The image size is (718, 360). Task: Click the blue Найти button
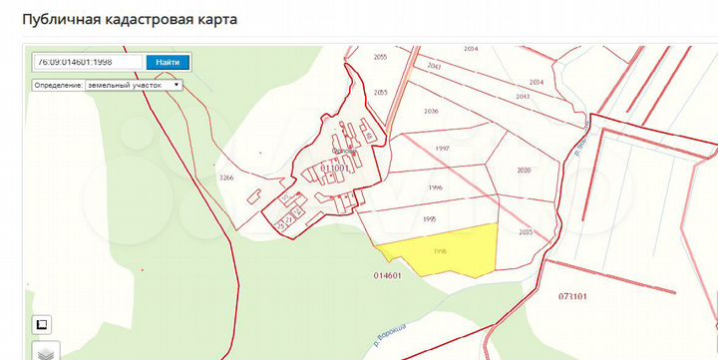pyautogui.click(x=168, y=62)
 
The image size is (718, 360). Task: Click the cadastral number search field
pyautogui.click(x=88, y=62)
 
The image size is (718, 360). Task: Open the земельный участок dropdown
pyautogui.click(x=108, y=86)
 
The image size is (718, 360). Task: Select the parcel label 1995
pyautogui.click(x=429, y=218)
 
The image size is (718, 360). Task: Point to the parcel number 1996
pyautogui.click(x=435, y=187)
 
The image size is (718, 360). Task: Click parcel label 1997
pyautogui.click(x=443, y=148)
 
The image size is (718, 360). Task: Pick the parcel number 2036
pyautogui.click(x=431, y=111)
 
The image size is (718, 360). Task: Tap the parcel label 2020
pyautogui.click(x=525, y=170)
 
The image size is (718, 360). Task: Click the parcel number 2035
pyautogui.click(x=528, y=232)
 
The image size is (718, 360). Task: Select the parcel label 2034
pyautogui.click(x=536, y=82)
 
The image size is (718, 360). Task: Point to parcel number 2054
pyautogui.click(x=471, y=49)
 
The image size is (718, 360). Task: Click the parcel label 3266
pyautogui.click(x=226, y=177)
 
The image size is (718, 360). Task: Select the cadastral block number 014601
pyautogui.click(x=387, y=274)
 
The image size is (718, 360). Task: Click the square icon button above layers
pyautogui.click(x=43, y=325)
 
